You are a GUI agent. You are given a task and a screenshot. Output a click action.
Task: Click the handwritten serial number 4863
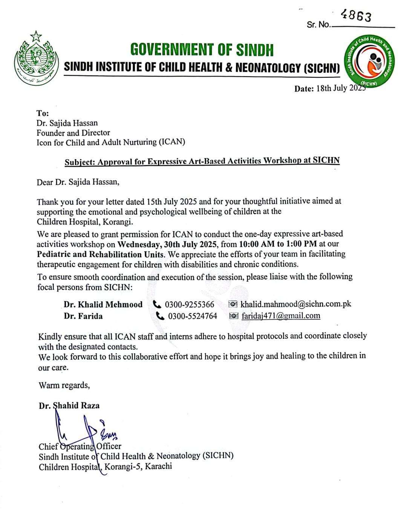pos(356,16)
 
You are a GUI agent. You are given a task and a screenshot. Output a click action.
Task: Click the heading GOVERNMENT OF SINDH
pos(202,50)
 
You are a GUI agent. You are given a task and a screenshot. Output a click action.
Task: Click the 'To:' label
pos(43,113)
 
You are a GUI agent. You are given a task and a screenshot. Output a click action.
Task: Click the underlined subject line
pos(202,161)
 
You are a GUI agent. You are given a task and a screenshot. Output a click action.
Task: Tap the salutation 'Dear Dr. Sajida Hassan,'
pos(78,182)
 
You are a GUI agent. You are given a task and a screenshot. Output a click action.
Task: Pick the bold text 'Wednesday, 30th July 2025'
pos(168,244)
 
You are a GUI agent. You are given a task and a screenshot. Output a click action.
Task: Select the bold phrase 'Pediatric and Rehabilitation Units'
pos(101,254)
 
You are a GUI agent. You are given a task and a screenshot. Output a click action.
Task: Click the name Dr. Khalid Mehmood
pos(103,304)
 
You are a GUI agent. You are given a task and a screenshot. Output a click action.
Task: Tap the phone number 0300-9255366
pos(190,304)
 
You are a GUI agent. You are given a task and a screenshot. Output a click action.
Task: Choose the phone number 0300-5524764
pos(193,316)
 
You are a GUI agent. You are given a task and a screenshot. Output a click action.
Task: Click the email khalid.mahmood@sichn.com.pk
pos(296,304)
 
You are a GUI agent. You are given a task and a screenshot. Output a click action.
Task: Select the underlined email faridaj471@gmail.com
pos(281,316)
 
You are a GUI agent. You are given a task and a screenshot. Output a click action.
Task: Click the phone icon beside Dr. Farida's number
pos(160,316)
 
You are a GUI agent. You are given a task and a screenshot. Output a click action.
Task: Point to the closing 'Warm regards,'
pos(64,385)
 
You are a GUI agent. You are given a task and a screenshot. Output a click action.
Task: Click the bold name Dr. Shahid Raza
pos(69,406)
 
